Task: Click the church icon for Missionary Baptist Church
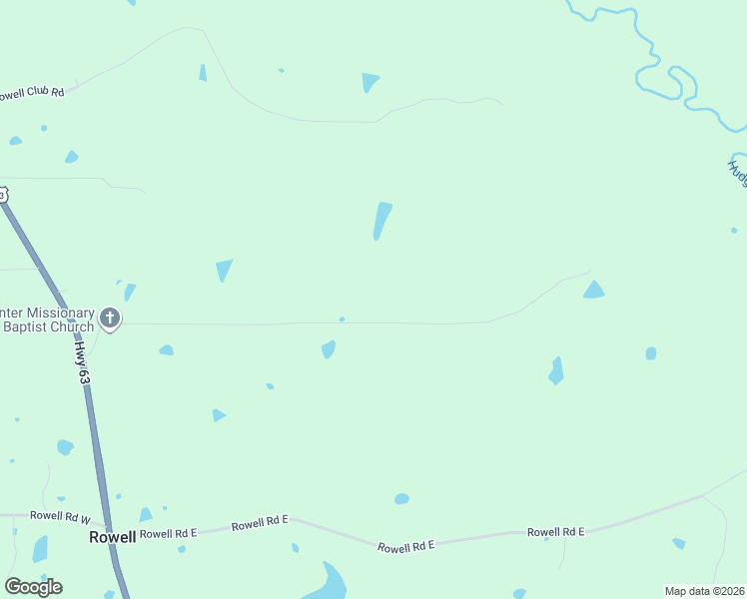point(110,320)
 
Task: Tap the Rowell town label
point(112,536)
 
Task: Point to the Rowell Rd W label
point(60,516)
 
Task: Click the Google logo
point(33,587)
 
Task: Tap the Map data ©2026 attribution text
point(704,591)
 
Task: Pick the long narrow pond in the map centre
point(381,221)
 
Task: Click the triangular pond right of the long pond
point(593,291)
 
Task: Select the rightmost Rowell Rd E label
point(555,532)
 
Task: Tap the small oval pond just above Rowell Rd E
point(401,498)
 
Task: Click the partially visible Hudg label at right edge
point(737,173)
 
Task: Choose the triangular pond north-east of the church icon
point(224,270)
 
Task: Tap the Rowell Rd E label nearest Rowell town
point(168,533)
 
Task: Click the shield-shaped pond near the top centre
point(370,82)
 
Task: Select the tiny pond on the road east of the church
point(343,319)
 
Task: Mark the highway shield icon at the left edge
point(3,195)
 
